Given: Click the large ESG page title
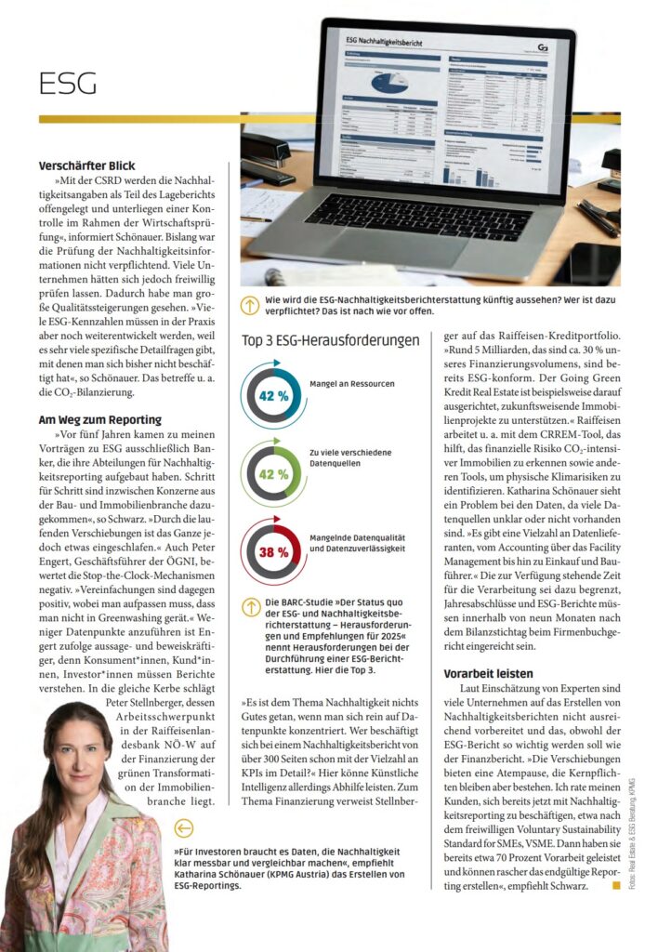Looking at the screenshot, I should pos(68,85).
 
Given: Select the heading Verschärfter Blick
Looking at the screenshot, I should pos(86,165).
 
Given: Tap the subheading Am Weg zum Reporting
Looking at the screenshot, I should pos(99,419).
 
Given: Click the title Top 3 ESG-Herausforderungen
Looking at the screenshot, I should pos(330,340).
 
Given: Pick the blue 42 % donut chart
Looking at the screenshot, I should pos(272,394).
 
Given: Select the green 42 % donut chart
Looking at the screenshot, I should pos(272,473).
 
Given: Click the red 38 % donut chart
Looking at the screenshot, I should pos(272,551).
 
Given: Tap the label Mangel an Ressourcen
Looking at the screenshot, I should pos(352,383).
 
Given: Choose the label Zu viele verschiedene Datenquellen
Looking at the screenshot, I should pos(350,457).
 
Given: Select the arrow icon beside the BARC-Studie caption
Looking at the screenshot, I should pos(250,607).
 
